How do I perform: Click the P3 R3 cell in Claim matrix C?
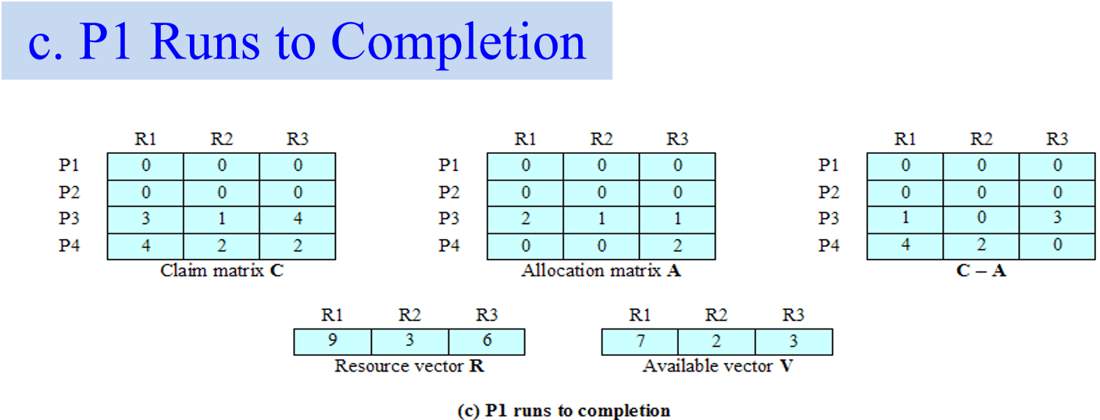click(298, 219)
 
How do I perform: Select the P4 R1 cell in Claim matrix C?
click(145, 246)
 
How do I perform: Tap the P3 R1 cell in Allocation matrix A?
click(525, 219)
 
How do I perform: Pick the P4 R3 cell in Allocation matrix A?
click(677, 246)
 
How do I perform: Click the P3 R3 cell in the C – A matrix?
click(1057, 219)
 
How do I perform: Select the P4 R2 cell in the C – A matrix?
click(981, 246)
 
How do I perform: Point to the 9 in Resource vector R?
click(332, 342)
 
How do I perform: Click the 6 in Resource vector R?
click(486, 342)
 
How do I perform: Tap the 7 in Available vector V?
click(640, 342)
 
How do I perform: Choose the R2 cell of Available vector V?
click(716, 342)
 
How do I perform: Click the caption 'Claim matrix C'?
click(222, 272)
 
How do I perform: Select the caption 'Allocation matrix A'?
click(601, 272)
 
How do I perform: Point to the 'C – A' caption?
click(980, 272)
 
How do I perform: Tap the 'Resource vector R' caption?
click(409, 366)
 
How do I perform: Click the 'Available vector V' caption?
click(717, 366)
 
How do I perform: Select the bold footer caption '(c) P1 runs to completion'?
click(563, 411)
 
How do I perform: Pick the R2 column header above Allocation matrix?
click(601, 140)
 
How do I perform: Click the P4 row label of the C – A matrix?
click(829, 246)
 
